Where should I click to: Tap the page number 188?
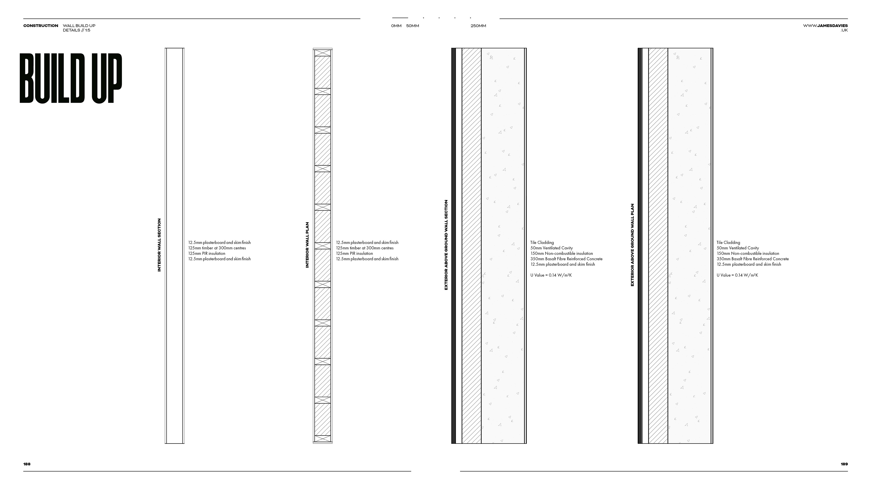[x=27, y=464]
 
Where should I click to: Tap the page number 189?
[x=844, y=464]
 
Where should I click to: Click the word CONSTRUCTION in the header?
[x=41, y=26]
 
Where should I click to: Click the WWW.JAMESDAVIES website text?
[x=825, y=26]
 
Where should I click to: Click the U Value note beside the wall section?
[x=551, y=275]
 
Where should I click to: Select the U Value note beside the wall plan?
[x=737, y=275]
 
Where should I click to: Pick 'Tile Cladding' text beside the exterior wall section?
[x=542, y=243]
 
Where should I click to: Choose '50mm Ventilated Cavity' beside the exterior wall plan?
[x=738, y=248]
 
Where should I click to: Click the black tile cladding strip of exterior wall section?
[x=454, y=245]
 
